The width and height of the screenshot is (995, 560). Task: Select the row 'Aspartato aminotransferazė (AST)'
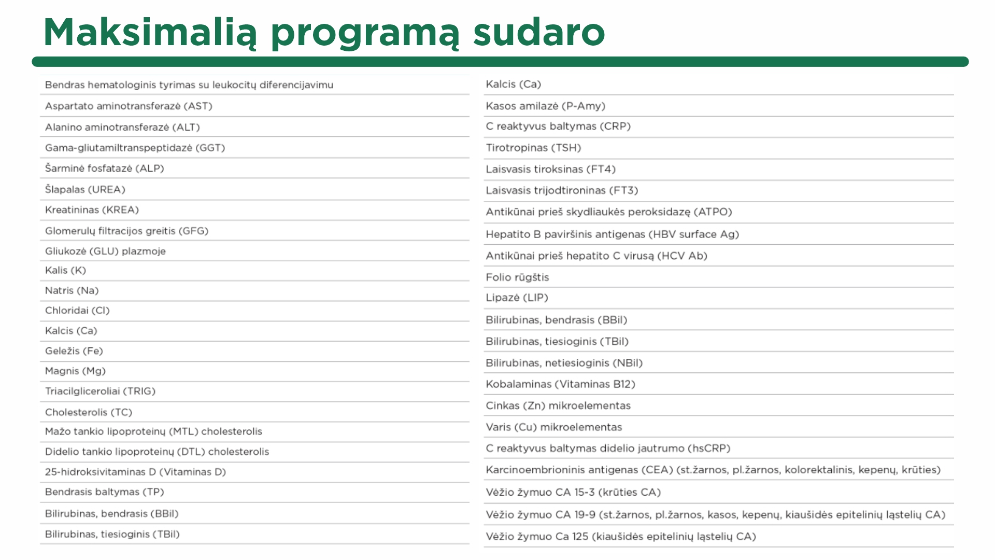click(129, 106)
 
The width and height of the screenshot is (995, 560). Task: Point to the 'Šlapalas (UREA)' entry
click(85, 190)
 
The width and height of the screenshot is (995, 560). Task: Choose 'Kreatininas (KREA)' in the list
click(92, 210)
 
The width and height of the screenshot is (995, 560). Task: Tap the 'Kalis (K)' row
click(65, 271)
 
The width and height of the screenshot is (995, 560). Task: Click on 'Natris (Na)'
click(72, 291)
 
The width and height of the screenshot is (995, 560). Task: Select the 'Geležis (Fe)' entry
click(74, 351)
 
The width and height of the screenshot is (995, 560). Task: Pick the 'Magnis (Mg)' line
click(75, 371)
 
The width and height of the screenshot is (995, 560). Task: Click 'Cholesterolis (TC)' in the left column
click(89, 413)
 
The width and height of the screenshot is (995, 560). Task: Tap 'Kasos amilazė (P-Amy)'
click(545, 106)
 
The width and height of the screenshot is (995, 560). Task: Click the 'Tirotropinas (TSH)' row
click(533, 148)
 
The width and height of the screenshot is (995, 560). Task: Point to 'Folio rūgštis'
click(517, 277)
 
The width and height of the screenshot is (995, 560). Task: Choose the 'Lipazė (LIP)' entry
click(517, 298)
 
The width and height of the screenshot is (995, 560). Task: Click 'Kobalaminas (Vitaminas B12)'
click(560, 384)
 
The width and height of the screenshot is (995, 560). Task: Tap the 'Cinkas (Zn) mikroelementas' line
click(558, 406)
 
